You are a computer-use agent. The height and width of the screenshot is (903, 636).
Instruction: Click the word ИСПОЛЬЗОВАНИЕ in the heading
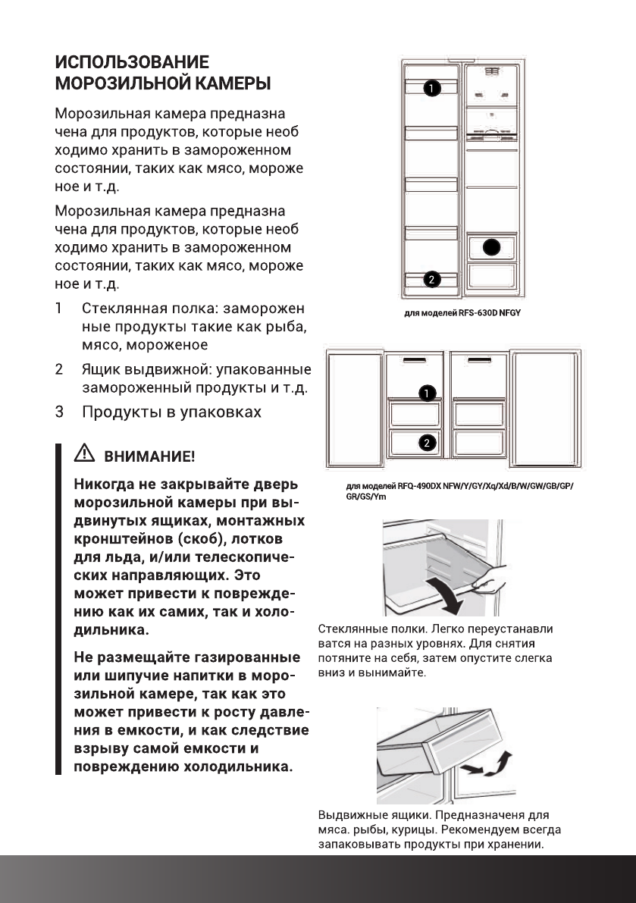point(131,61)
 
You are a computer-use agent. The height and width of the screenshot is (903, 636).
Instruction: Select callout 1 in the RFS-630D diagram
point(430,89)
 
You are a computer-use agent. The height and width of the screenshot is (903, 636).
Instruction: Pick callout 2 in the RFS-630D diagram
point(431,280)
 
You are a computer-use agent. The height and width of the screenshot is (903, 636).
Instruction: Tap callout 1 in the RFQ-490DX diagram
point(427,393)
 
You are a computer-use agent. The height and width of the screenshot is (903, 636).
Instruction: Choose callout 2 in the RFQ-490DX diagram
point(427,443)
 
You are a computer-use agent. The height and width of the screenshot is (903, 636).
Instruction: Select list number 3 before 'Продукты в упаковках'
point(58,412)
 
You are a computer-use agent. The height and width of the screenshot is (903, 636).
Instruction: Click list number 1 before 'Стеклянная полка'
point(58,309)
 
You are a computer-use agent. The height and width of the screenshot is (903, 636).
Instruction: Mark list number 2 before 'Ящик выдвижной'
point(58,371)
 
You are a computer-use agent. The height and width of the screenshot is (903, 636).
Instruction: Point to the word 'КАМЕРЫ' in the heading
point(230,82)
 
